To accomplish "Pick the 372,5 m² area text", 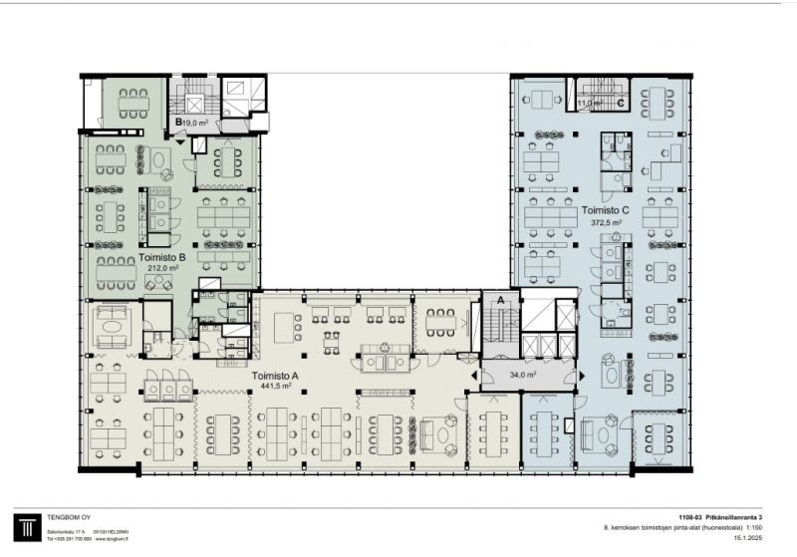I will (605, 223).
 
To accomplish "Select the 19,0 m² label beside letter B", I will (195, 124).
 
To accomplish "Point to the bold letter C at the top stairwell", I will (620, 102).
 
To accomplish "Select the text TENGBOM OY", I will (71, 519).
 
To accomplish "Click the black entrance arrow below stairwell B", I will (178, 141).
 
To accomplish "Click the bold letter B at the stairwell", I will (178, 124).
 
